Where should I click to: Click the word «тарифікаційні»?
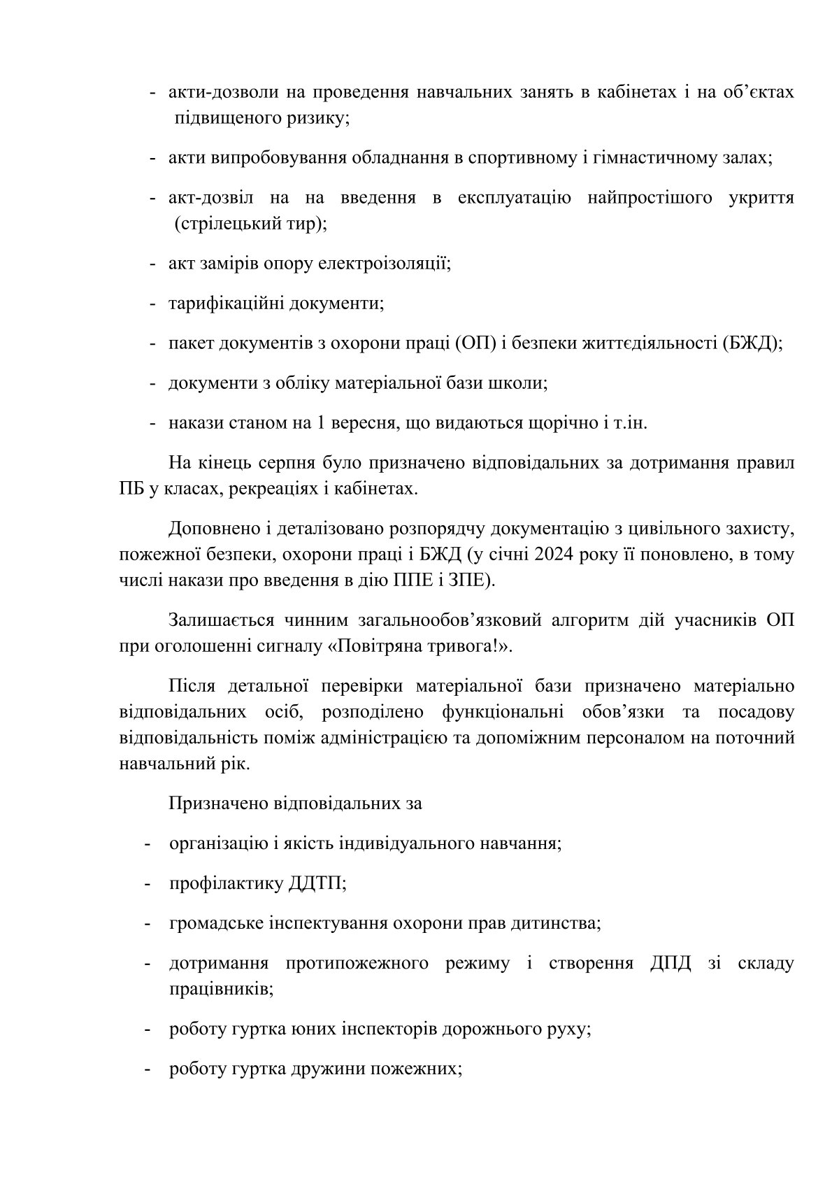(224, 304)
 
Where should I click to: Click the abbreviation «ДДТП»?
(316, 883)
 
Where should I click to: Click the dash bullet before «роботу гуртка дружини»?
(148, 1069)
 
